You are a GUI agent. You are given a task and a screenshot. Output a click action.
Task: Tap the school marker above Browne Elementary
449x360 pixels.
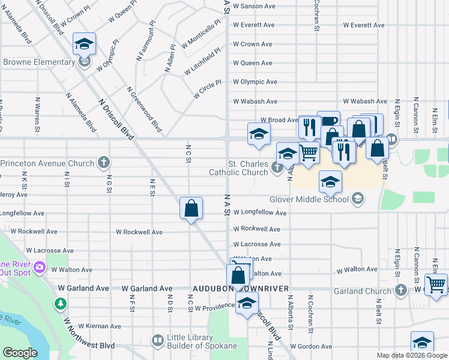pos(84,43)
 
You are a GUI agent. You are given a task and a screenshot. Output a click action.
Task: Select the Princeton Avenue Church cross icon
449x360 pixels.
pos(104,163)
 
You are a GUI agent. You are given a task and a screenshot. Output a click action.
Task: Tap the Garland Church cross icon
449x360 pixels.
pos(400,291)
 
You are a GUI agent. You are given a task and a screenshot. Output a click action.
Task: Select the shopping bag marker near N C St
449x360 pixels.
pos(191,209)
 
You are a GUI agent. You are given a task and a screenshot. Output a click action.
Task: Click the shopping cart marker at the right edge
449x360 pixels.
pos(435,284)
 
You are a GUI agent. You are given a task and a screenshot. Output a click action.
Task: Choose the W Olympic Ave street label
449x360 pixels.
pos(255,82)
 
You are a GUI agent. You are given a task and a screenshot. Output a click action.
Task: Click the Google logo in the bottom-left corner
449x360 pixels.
pos(20,352)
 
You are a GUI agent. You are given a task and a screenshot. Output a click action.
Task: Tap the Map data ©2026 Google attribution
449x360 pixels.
pos(412,355)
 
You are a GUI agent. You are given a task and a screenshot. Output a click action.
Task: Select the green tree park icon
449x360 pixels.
pos(61,304)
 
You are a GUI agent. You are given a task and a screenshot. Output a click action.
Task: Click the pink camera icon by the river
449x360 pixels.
pos(40,266)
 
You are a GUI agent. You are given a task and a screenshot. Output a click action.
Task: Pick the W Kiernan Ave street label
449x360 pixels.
pos(100,326)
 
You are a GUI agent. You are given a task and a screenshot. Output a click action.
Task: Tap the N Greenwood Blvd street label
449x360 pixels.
pos(145,109)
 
